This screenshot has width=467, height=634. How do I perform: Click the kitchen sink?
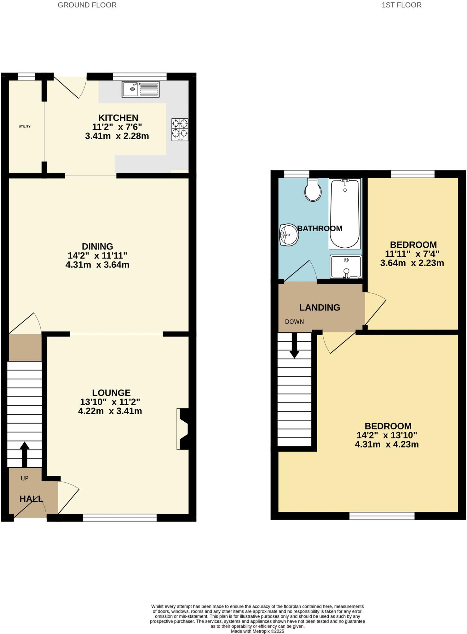coord(141,89)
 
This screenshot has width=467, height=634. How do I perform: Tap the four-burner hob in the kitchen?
coord(180,130)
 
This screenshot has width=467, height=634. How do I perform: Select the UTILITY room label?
coord(25,126)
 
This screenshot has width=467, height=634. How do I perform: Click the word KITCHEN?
coord(118,118)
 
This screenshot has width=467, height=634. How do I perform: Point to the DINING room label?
coord(97,246)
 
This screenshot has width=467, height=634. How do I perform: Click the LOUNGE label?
coord(111,393)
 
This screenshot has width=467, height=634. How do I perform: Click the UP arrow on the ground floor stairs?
coord(24,454)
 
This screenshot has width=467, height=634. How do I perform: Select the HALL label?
coord(31,499)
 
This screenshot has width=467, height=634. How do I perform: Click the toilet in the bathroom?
coord(313,190)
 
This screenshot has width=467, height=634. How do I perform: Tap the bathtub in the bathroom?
coord(345,214)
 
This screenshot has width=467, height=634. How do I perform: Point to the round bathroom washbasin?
coord(289,235)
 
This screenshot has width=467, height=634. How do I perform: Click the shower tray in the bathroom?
coord(346,266)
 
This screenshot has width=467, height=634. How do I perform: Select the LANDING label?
coord(320,307)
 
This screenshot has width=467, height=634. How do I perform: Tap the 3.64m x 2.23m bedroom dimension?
coord(412,263)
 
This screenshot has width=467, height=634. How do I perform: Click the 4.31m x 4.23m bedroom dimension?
coord(387,445)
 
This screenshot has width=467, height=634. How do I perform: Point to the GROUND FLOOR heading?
coord(87,5)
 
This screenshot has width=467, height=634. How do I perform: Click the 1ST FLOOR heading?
coord(401,5)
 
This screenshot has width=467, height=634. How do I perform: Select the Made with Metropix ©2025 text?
coord(257,631)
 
